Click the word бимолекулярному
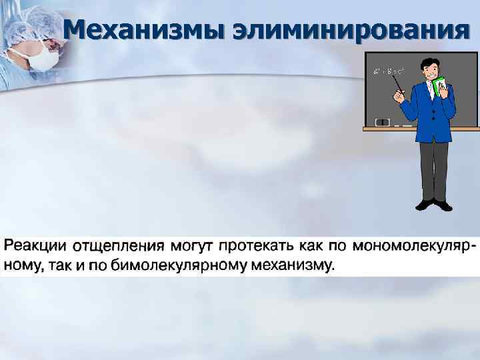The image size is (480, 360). coord(178,266)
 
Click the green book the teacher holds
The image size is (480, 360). coord(441,87)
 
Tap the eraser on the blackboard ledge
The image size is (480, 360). coord(383,122)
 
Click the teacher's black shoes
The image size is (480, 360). coord(433,204)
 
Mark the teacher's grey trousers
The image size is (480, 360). coord(433,170)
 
